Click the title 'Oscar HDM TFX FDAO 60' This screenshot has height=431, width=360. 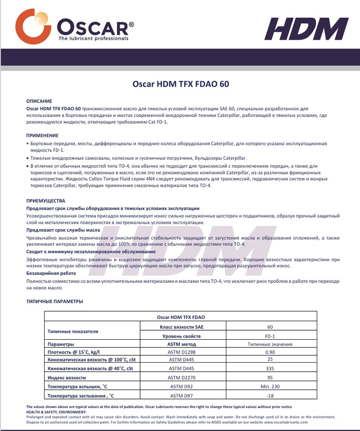180,84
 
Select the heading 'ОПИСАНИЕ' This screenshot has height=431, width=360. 40,102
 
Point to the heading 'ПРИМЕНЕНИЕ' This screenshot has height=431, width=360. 42,135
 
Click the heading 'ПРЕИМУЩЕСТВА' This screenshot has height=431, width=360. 46,200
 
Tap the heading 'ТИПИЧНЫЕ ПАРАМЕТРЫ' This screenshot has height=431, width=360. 54,301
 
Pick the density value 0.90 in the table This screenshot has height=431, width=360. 270,352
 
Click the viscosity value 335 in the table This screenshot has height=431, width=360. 270,369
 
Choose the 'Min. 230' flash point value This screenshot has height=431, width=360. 270,386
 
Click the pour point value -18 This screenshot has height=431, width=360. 270,395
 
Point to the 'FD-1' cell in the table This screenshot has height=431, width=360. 270,336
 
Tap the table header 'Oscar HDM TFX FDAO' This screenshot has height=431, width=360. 180,317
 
